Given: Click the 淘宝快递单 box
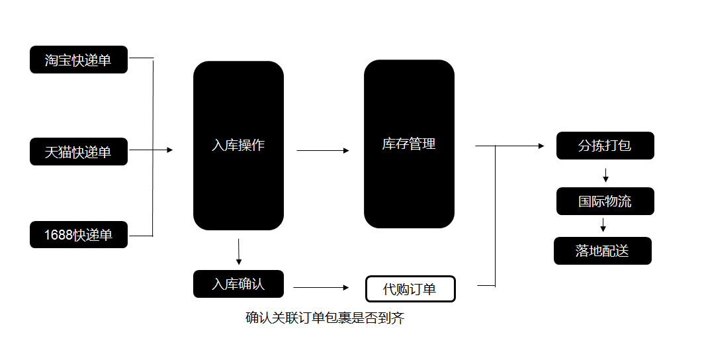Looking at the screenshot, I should [x=78, y=60].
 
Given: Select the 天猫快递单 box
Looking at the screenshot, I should [x=78, y=152].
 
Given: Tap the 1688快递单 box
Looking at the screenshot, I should [x=78, y=235].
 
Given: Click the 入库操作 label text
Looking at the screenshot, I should [x=238, y=146].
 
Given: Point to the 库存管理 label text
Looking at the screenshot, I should [x=409, y=144].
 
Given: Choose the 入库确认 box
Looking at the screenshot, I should [x=238, y=284].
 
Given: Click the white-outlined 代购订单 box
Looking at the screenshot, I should [x=410, y=289].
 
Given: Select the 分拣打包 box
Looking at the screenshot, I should [x=605, y=146].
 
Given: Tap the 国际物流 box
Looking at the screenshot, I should [x=605, y=201].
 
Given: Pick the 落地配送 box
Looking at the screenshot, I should [x=602, y=251].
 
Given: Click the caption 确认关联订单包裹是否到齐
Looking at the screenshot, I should [x=325, y=318].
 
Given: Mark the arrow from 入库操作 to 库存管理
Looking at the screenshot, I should [x=323, y=151].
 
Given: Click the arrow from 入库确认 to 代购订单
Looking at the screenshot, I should [x=321, y=288].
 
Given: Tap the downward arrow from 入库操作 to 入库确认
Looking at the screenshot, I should [x=238, y=251].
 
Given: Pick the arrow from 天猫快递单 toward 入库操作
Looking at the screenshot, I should [x=151, y=150].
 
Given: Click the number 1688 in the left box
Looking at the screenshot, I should [x=58, y=235].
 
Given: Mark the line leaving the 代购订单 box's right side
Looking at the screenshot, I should [x=486, y=286].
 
